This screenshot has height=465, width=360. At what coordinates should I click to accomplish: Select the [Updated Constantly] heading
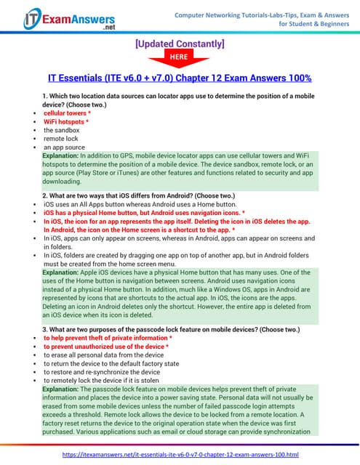(180, 44)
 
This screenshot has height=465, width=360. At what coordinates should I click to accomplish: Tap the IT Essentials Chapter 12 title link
(180, 78)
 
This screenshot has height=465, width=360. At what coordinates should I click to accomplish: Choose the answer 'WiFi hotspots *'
(66, 122)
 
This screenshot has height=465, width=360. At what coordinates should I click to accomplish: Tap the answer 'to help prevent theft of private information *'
(108, 339)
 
